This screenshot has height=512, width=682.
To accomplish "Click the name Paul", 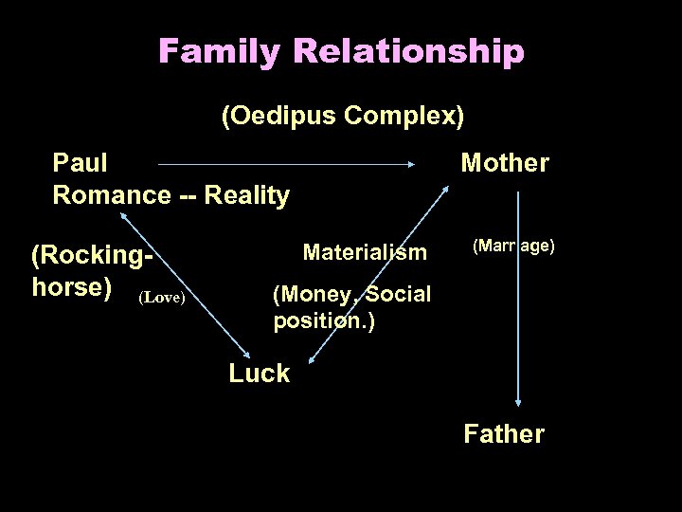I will tap(81, 163).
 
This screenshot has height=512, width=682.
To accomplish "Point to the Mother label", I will tap(504, 163).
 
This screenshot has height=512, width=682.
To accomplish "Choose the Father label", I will tap(504, 434).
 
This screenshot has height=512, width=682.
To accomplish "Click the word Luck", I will tap(259, 374).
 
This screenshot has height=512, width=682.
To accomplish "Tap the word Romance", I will tap(111, 195).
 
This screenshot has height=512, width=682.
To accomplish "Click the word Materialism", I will tap(365, 252).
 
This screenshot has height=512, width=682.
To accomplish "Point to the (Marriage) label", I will tap(512, 247).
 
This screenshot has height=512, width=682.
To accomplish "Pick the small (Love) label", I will tap(161, 298).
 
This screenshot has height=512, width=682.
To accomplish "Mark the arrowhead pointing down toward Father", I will tap(518, 402).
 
